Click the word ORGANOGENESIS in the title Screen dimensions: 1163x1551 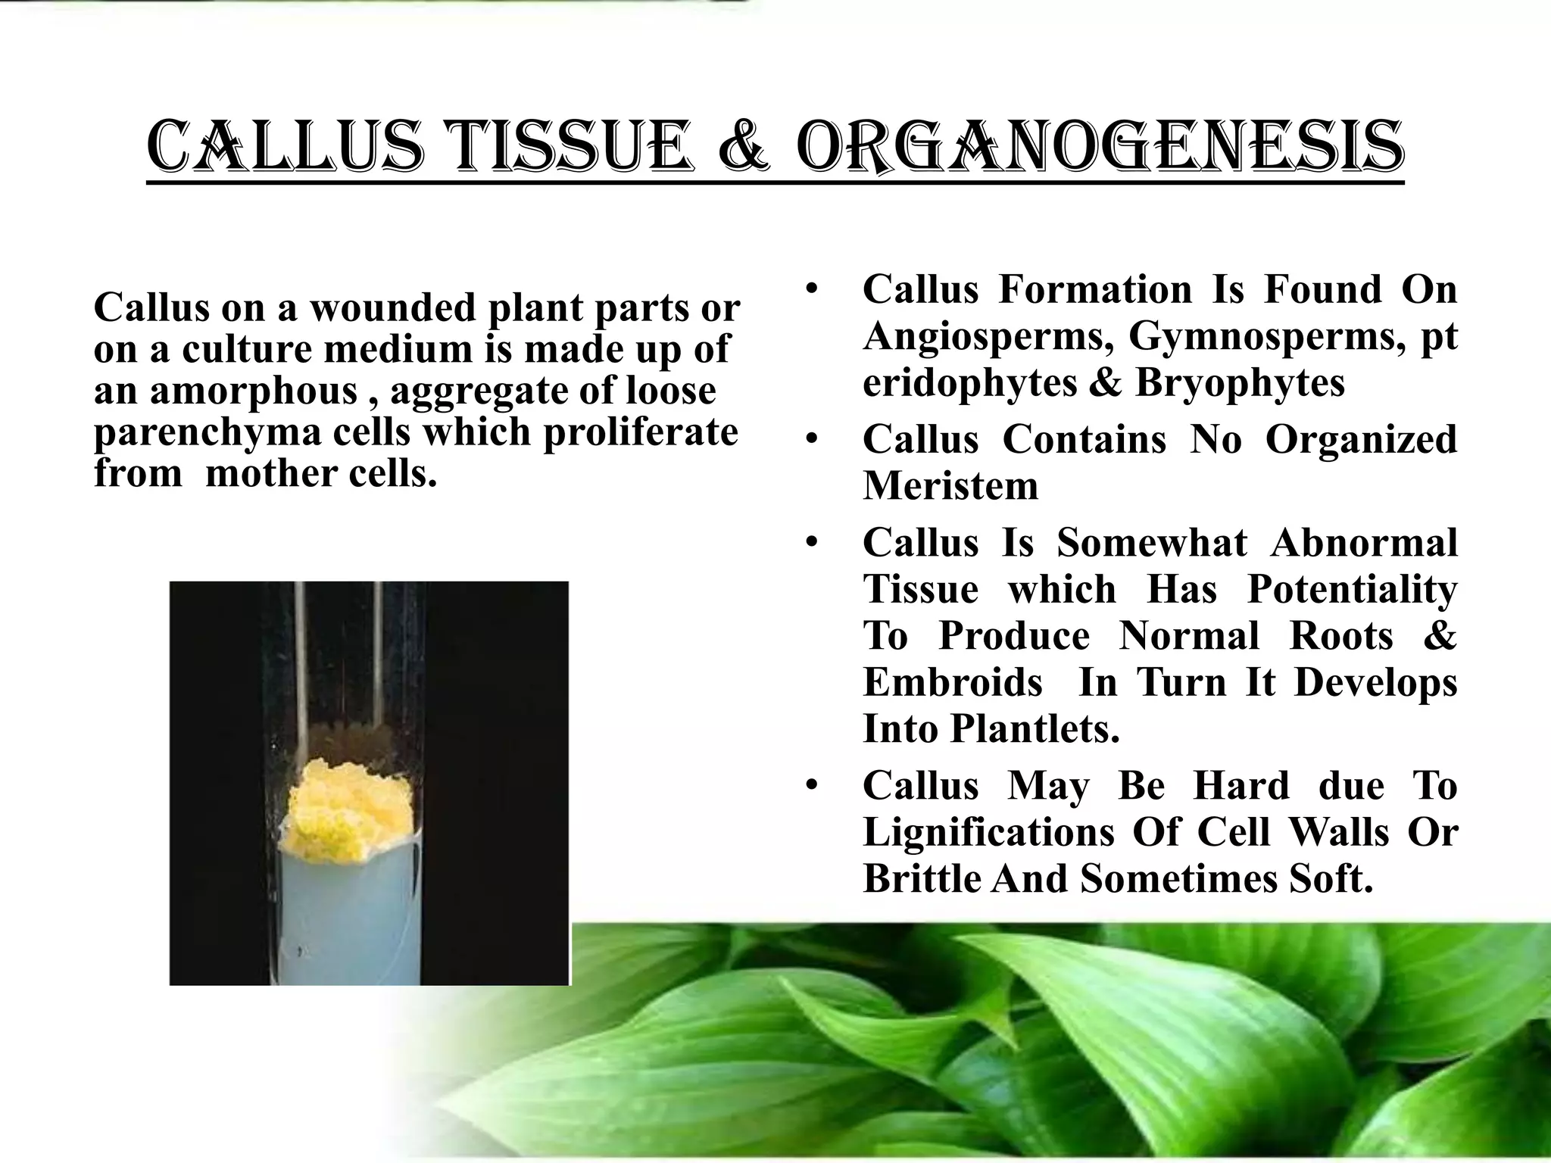coord(1100,148)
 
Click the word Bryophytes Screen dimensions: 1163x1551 coord(1240,382)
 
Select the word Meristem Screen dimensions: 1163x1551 coord(950,485)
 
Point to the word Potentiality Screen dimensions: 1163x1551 coord(1352,589)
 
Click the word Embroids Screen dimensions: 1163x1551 coord(953,682)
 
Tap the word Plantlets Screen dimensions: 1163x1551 coord(1035,729)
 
